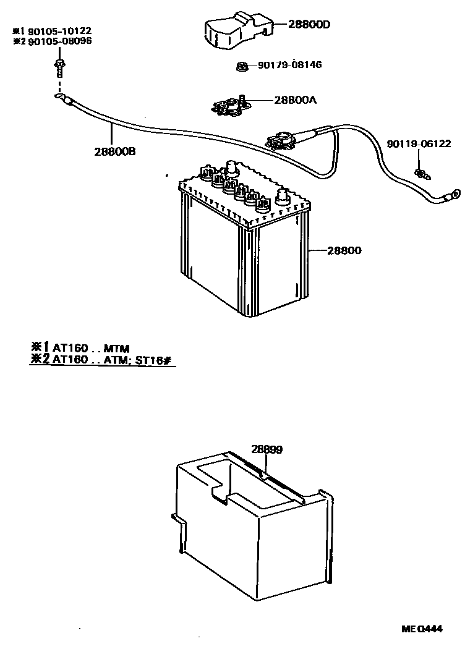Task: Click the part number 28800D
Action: pyautogui.click(x=310, y=25)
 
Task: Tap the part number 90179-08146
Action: pyautogui.click(x=289, y=65)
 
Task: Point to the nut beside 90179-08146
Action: pyautogui.click(x=242, y=65)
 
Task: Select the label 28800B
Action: pyautogui.click(x=115, y=151)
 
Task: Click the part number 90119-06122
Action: pyautogui.click(x=418, y=144)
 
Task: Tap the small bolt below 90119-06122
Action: pyautogui.click(x=422, y=172)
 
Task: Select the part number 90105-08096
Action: pyautogui.click(x=56, y=41)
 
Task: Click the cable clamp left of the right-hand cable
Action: pyautogui.click(x=281, y=141)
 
